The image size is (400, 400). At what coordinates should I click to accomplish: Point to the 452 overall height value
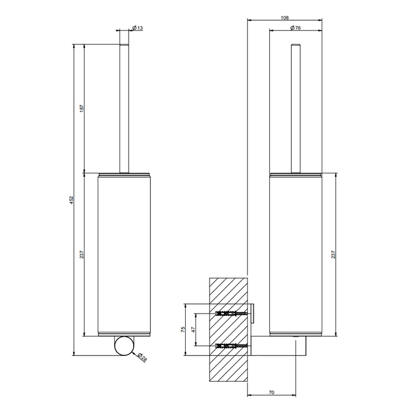(71, 199)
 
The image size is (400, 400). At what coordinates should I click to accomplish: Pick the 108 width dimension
(285, 18)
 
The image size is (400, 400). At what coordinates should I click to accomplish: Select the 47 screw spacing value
(193, 330)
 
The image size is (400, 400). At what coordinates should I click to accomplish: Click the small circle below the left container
(123, 347)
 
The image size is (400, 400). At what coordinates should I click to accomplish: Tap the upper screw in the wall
(231, 313)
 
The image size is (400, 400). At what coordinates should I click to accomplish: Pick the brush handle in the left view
(123, 106)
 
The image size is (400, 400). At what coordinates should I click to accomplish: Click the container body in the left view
(123, 254)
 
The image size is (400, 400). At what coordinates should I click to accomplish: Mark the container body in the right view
(295, 254)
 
